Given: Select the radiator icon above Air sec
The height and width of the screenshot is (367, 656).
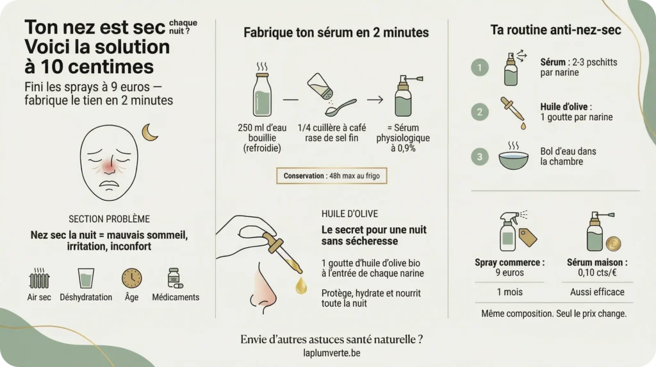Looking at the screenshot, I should tap(40, 279).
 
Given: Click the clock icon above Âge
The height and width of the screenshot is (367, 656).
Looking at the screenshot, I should tap(131, 278).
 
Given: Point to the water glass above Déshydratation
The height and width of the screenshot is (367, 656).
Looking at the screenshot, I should tap(86, 278).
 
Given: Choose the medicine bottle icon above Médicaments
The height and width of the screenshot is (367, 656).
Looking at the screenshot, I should tap(174, 278).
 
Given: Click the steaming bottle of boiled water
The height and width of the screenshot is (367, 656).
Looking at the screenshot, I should tap(263, 95).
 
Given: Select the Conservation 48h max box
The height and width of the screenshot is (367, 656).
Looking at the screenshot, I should tap(332, 175).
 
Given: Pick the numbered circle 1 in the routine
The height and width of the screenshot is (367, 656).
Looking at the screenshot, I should tap(479, 67).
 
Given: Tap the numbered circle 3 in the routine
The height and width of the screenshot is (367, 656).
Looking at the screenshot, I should tap(479, 157).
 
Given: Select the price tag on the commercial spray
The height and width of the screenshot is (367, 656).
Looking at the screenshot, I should tap(528, 237).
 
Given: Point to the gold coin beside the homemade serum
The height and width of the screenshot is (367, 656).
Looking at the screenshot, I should tap(613, 244).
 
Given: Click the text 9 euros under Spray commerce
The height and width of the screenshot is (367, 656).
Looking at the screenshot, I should tap(509, 273).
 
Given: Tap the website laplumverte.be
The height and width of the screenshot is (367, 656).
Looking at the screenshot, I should tap(332, 353).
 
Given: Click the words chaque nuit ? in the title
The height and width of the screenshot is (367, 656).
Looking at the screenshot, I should tap(184, 26).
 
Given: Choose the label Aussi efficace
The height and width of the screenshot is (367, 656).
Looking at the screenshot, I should tap(597, 292).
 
